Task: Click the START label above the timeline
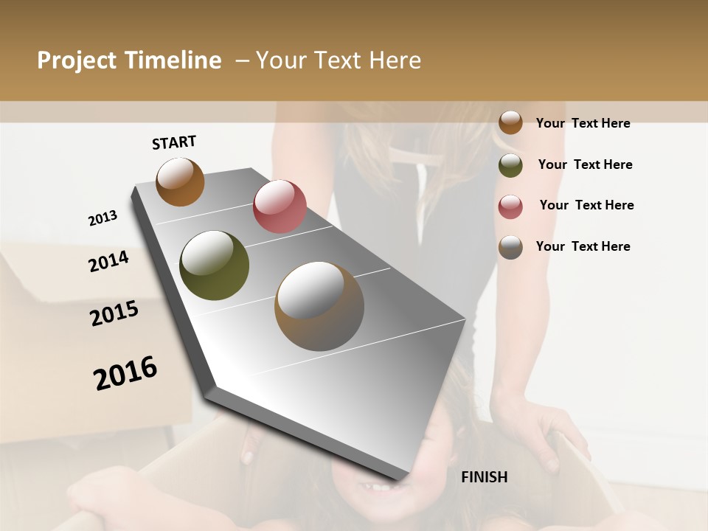click(174, 142)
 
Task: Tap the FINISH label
click(484, 477)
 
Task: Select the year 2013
click(103, 218)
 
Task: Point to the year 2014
click(108, 261)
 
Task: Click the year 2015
click(114, 313)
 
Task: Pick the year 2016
click(125, 372)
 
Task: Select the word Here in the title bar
click(395, 60)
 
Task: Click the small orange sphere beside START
click(180, 181)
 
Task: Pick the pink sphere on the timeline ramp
click(280, 206)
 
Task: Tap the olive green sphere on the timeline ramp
click(214, 265)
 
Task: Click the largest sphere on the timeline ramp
click(319, 305)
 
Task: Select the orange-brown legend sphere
click(510, 122)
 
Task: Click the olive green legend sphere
click(510, 165)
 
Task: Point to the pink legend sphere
click(510, 206)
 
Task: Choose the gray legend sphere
click(510, 247)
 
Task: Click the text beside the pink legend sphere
click(586, 205)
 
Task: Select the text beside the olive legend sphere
click(585, 164)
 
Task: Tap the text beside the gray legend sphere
click(583, 246)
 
